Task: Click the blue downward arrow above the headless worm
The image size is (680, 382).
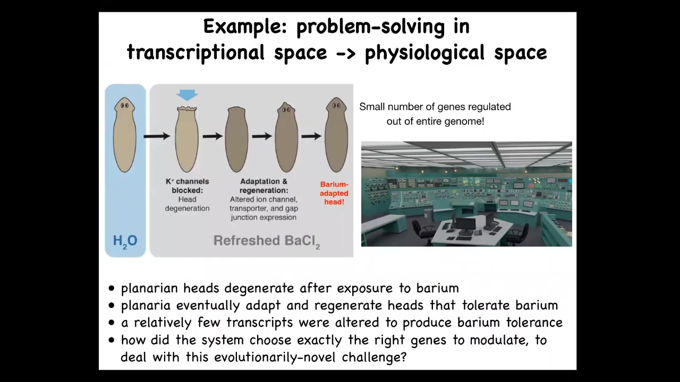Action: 187,95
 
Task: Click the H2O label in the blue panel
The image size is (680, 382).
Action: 125,241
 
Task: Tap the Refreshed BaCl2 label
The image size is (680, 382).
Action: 267,241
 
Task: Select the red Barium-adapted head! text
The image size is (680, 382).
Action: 334,193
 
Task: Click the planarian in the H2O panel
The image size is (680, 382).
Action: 124,135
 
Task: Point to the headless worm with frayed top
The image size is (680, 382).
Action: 186,139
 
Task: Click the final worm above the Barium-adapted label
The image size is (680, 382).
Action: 336,135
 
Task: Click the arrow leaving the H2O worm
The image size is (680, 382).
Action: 157,136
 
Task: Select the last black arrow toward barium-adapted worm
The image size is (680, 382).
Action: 311,136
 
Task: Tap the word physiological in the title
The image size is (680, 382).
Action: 424,53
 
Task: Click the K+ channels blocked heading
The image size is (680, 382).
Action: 188,186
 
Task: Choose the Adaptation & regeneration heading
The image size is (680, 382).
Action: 263,186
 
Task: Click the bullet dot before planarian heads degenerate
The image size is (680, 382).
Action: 112,288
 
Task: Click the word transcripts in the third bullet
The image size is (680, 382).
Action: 260,323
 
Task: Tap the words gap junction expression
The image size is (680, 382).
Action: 263,213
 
